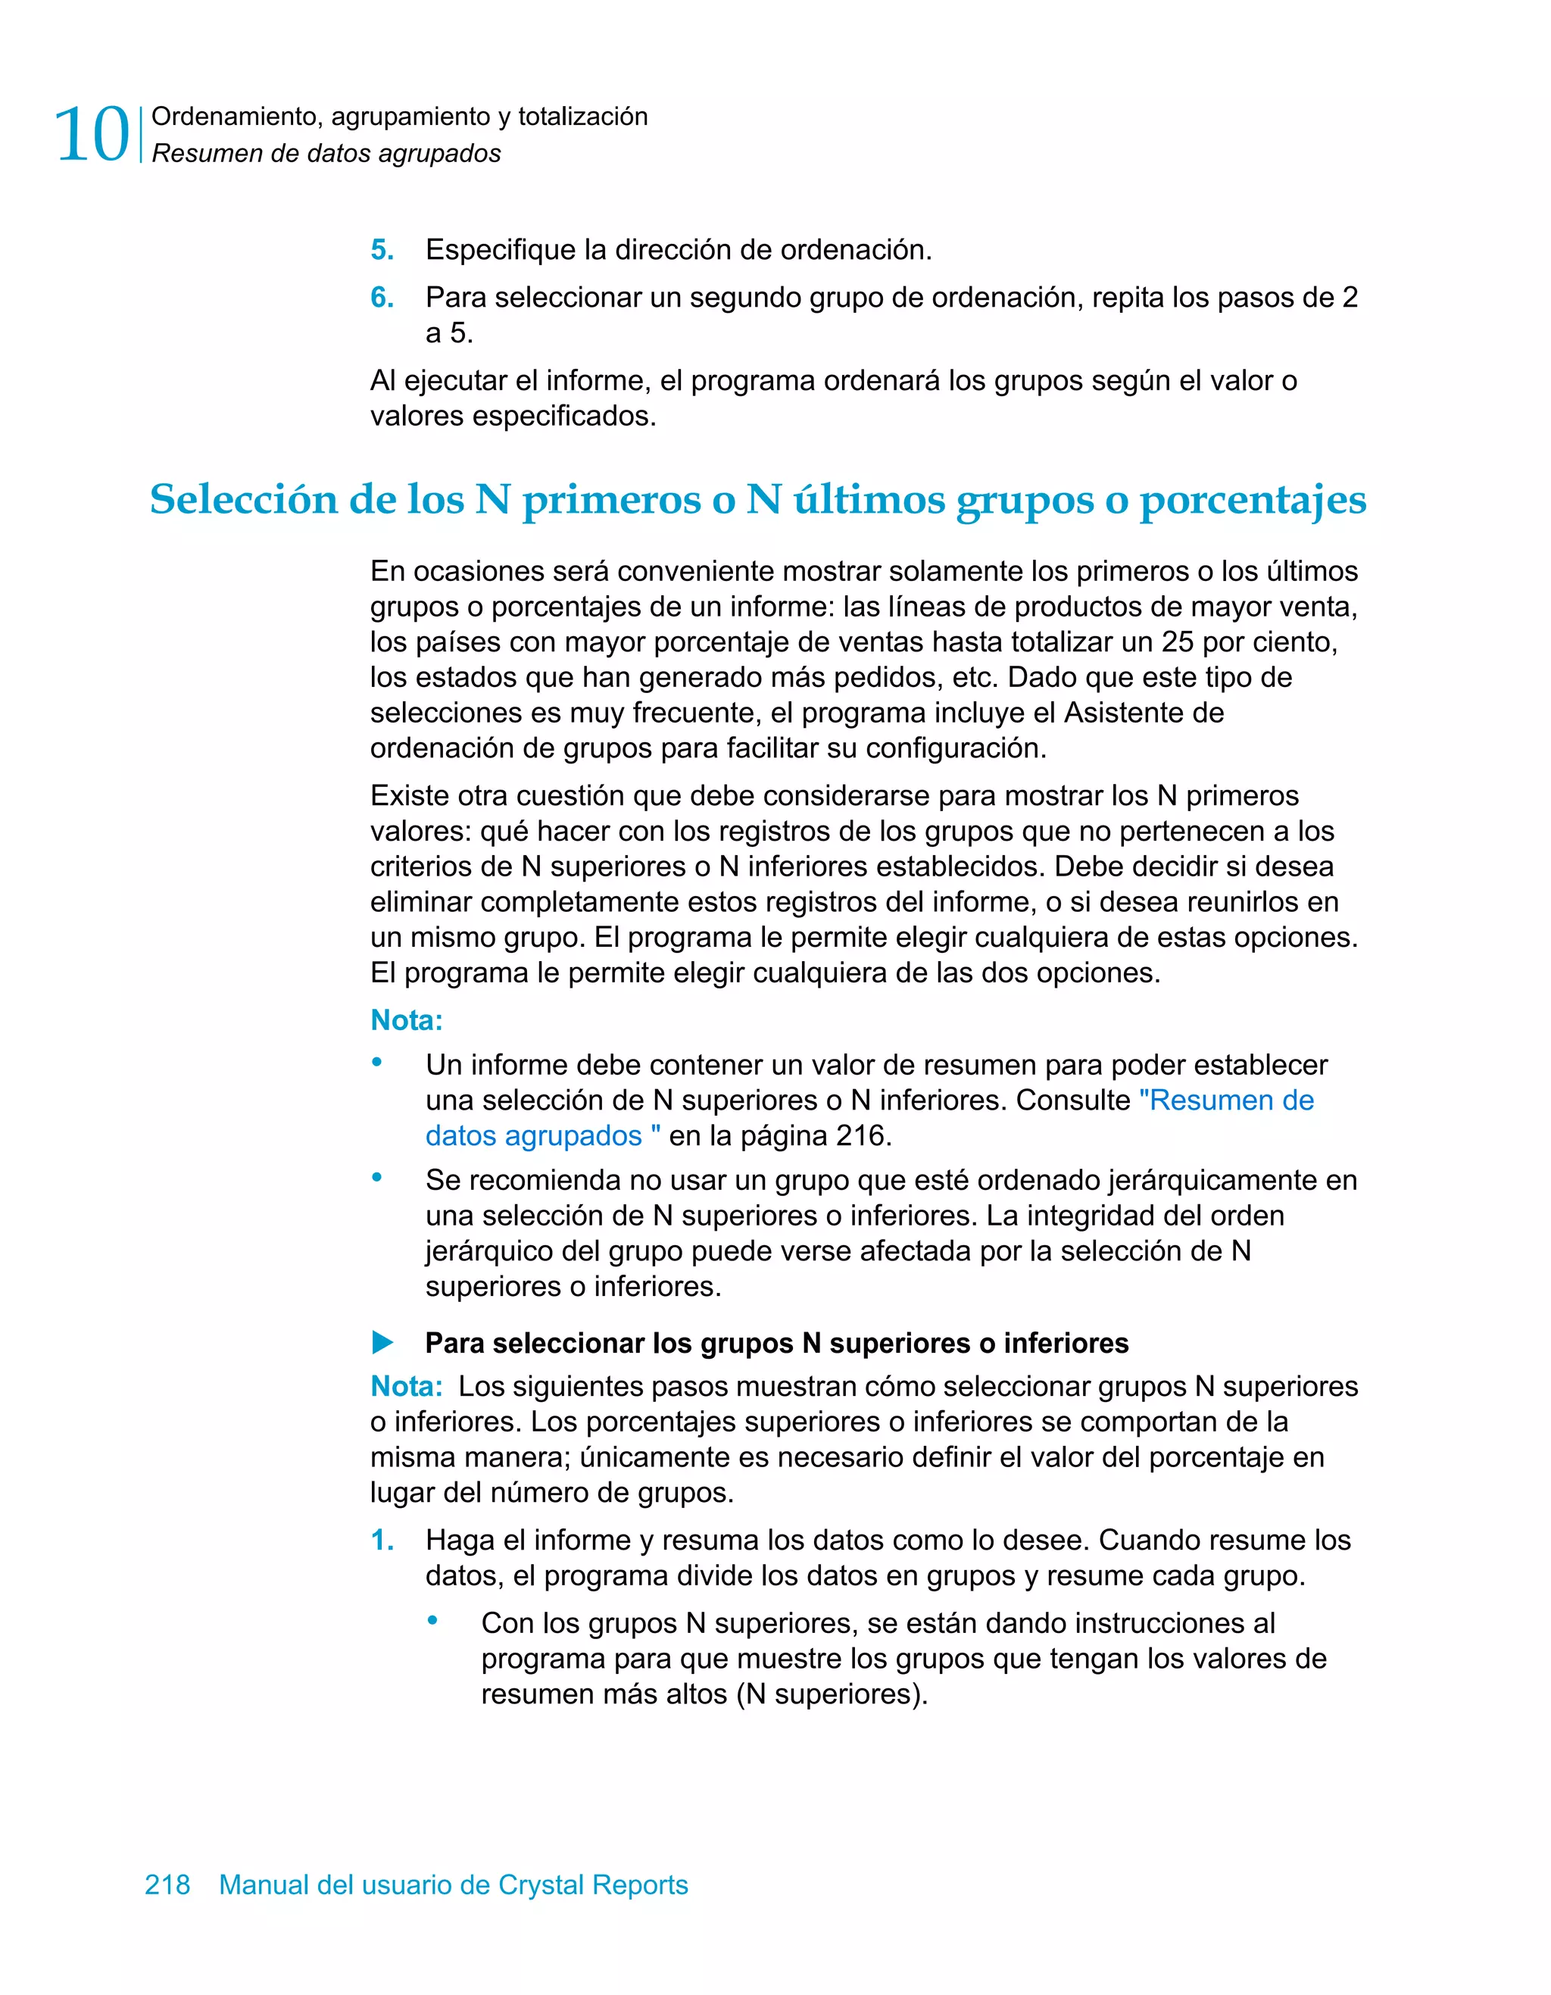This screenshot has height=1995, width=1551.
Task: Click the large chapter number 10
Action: click(x=92, y=135)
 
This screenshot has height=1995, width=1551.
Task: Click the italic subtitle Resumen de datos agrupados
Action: click(x=326, y=154)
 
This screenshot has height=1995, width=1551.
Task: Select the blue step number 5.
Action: click(x=382, y=249)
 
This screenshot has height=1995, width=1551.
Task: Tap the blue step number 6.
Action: click(x=382, y=297)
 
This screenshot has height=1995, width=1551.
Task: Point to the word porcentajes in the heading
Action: click(x=1253, y=500)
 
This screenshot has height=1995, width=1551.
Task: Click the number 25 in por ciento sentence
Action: click(x=1178, y=642)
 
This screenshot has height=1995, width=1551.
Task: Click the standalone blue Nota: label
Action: click(x=407, y=1020)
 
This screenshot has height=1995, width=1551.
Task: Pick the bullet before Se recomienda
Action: click(x=376, y=1178)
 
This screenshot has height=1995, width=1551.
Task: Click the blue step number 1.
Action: click(x=382, y=1540)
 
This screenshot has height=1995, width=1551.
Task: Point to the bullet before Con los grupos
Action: click(x=433, y=1621)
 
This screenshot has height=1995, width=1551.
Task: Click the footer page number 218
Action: click(x=168, y=1884)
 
